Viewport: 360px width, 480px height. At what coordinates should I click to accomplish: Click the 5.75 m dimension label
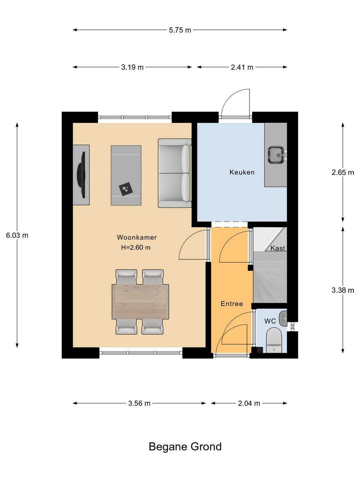[180, 30]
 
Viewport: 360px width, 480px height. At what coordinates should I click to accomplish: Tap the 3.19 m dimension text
[132, 67]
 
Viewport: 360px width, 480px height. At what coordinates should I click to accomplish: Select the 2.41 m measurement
[242, 67]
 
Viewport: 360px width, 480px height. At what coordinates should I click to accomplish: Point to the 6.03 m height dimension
[17, 235]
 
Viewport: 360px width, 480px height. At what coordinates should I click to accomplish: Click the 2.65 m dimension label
[343, 172]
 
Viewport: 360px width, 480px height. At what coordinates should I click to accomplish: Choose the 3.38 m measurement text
[343, 290]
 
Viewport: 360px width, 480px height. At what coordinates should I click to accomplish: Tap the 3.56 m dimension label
[139, 403]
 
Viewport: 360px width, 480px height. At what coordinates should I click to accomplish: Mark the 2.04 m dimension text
[249, 403]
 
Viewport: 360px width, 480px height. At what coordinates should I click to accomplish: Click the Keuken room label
[242, 172]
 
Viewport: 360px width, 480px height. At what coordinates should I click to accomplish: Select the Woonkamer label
[137, 237]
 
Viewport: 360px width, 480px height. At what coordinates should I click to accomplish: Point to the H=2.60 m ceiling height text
[136, 247]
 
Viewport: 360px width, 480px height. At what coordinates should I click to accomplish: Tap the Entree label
[232, 304]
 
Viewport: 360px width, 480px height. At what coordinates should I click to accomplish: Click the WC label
[270, 321]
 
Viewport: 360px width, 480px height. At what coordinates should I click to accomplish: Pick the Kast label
[278, 248]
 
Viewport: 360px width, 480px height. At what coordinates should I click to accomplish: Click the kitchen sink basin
[276, 155]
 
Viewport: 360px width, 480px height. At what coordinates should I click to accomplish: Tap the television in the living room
[81, 175]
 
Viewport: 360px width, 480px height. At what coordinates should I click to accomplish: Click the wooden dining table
[140, 302]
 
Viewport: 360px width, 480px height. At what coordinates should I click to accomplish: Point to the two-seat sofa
[175, 173]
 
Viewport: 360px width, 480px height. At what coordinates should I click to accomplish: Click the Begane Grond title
[185, 446]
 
